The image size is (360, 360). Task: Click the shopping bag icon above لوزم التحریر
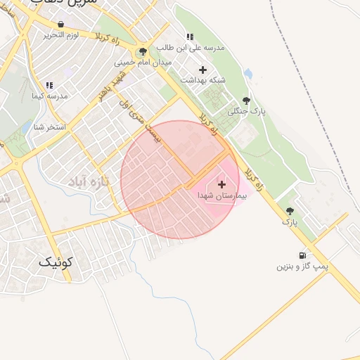(61, 24)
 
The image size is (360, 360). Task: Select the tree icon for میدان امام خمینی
(143, 51)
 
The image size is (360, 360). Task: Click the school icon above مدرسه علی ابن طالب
(189, 37)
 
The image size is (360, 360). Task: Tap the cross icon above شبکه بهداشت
(203, 70)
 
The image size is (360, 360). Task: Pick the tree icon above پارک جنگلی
(245, 101)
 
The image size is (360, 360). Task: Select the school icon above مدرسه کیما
(49, 84)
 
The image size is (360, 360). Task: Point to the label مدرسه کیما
(49, 95)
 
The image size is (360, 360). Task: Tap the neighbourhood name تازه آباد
(90, 182)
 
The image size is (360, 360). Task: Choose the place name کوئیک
(54, 262)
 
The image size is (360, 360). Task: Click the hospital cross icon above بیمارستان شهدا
(222, 184)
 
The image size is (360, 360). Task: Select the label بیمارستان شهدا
(222, 194)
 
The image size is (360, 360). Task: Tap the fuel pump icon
(302, 256)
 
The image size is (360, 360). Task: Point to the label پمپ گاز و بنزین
(302, 266)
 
